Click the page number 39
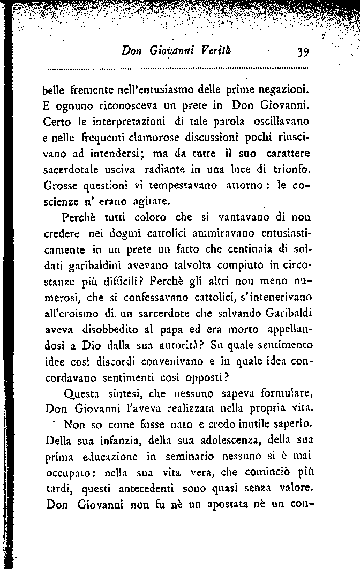(x=299, y=51)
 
